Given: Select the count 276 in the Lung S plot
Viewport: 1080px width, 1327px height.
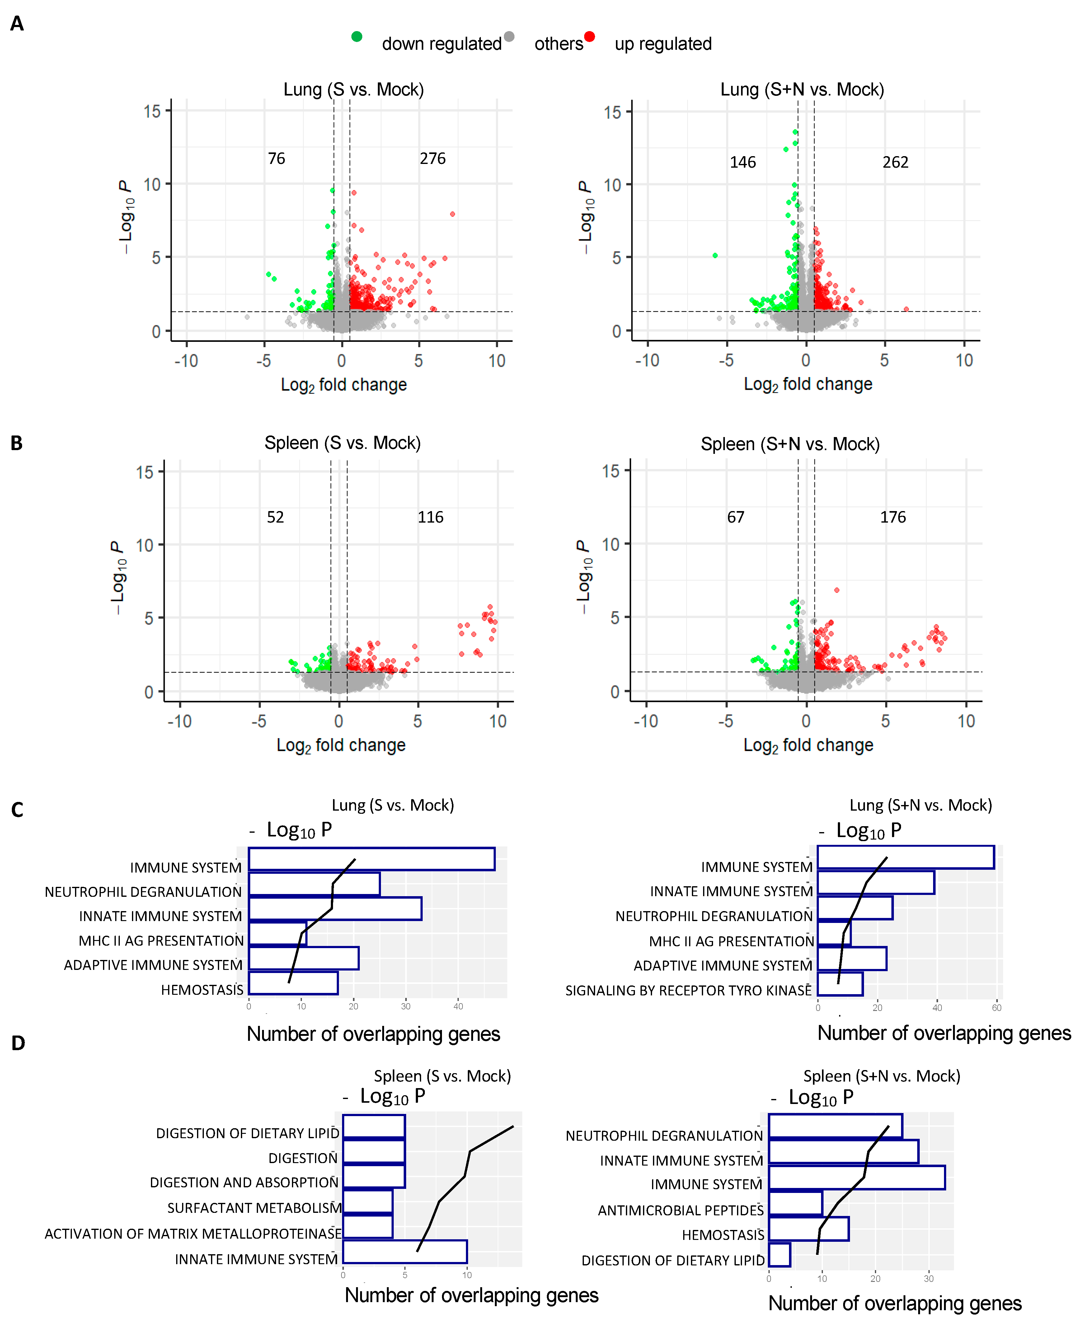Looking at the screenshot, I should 432,159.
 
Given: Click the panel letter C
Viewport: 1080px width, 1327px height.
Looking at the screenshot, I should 17,810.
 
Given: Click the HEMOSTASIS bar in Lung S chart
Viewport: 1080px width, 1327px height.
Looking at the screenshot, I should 293,983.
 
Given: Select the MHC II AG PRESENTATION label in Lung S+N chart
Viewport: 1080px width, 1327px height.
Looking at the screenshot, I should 731,941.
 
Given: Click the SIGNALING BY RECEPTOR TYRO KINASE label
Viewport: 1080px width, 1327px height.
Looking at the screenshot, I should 688,990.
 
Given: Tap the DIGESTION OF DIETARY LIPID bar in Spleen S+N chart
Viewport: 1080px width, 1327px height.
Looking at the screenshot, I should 780,1254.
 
